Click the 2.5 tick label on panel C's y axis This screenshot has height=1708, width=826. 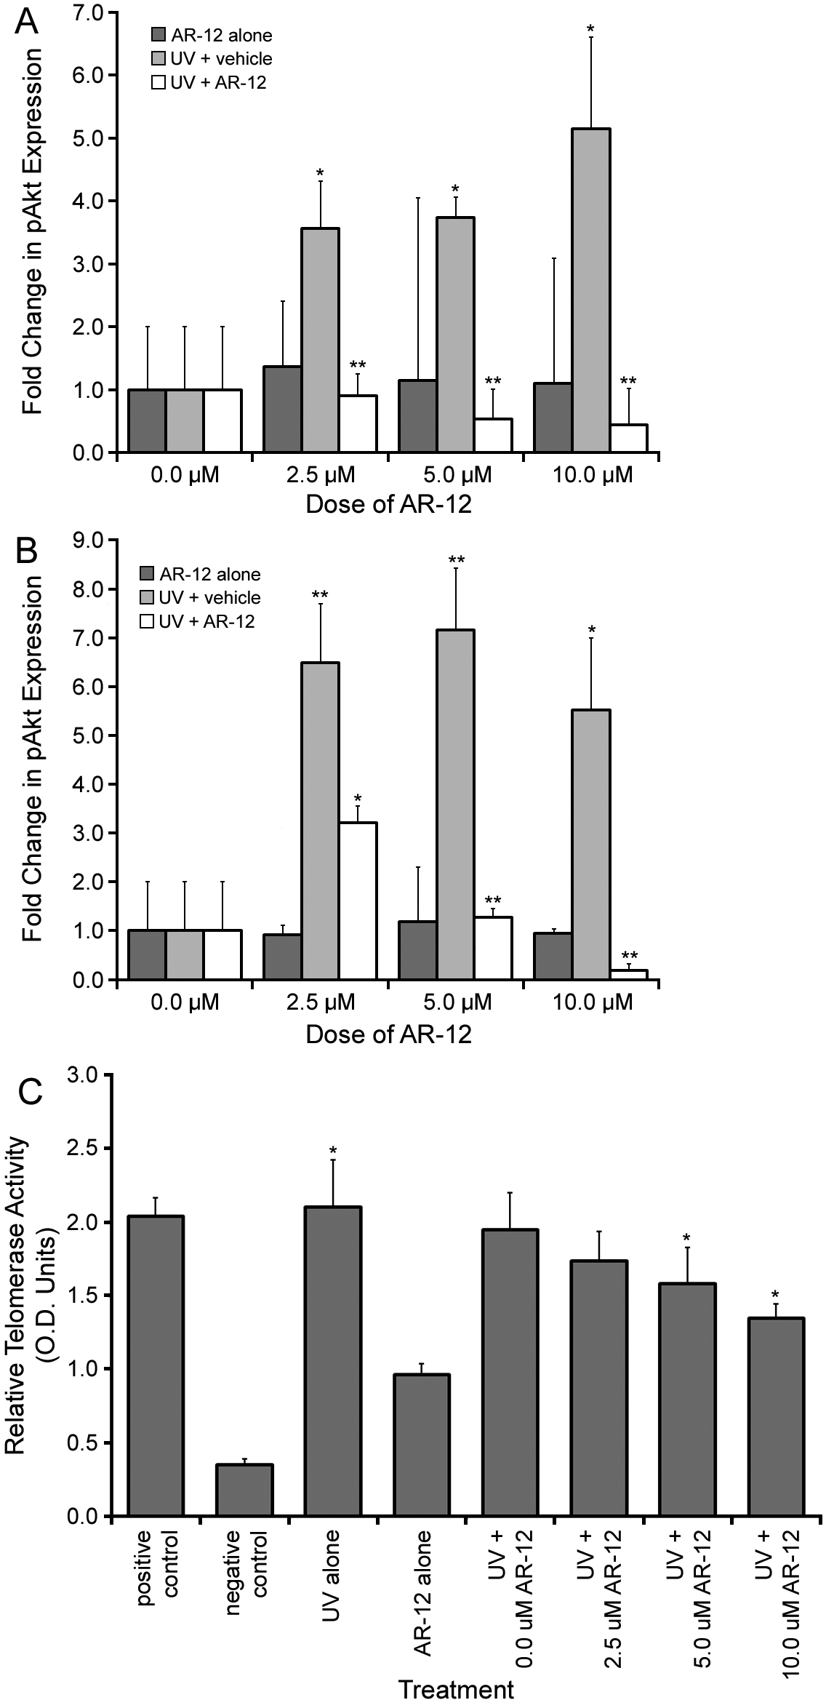tap(89, 1149)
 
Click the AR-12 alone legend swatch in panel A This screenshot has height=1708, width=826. tap(159, 35)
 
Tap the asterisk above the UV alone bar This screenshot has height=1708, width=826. tap(333, 1151)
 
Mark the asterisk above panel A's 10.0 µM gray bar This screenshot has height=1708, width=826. tap(591, 30)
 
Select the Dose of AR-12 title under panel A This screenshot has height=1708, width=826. tap(388, 504)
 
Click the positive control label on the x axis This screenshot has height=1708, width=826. tap(155, 1570)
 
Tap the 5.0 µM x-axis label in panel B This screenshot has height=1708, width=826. tap(457, 1002)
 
